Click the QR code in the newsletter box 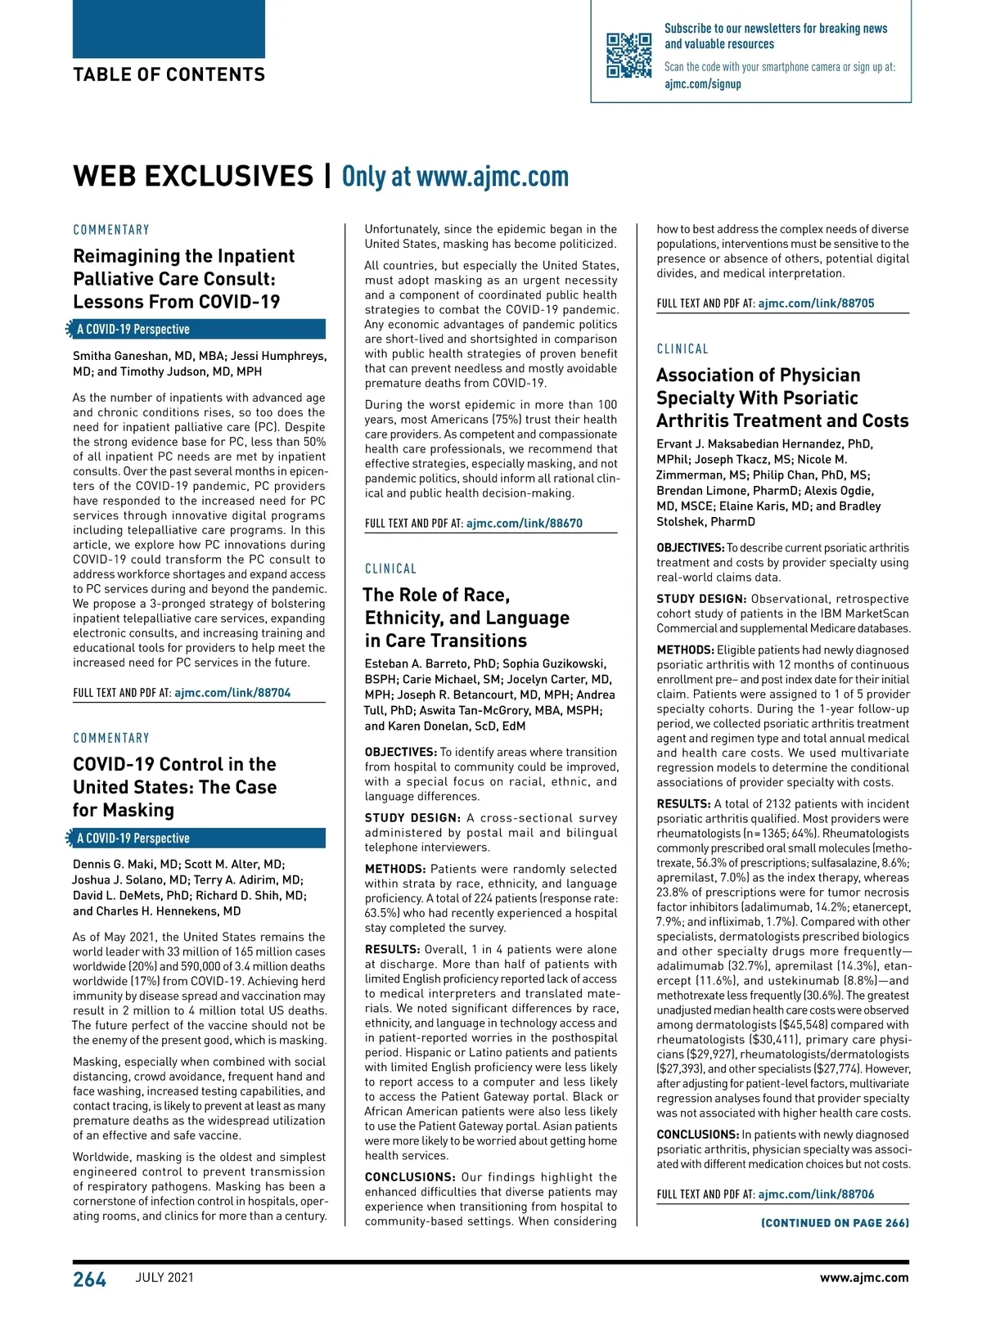pyautogui.click(x=628, y=55)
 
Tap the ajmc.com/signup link pyautogui.click(x=702, y=83)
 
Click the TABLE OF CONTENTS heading pyautogui.click(x=169, y=75)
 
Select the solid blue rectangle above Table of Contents pyautogui.click(x=169, y=29)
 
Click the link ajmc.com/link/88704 pyautogui.click(x=232, y=693)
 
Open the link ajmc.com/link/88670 pyautogui.click(x=525, y=524)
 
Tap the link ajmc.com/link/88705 pyautogui.click(x=816, y=304)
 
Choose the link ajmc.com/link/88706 pyautogui.click(x=816, y=1194)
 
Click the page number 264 pyautogui.click(x=90, y=1279)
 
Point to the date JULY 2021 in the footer pyautogui.click(x=164, y=1278)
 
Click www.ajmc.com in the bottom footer pyautogui.click(x=864, y=1278)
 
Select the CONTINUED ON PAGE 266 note pyautogui.click(x=835, y=1223)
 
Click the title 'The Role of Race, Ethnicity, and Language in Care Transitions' pyautogui.click(x=466, y=618)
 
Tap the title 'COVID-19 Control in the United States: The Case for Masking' pyautogui.click(x=174, y=787)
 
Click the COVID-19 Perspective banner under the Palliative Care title pyautogui.click(x=196, y=330)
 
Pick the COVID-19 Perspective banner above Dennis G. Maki pyautogui.click(x=196, y=839)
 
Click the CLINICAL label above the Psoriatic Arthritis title pyautogui.click(x=682, y=349)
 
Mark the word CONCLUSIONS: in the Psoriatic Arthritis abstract pyautogui.click(x=697, y=1135)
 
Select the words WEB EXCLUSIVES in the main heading pyautogui.click(x=193, y=177)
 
